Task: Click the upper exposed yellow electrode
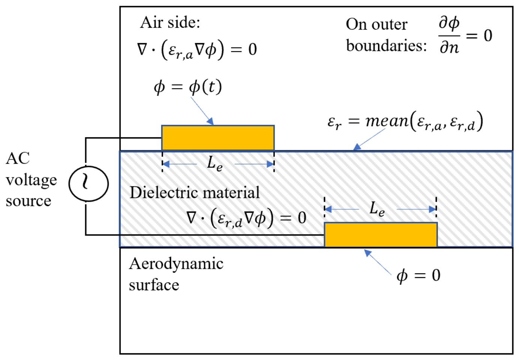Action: click(x=218, y=138)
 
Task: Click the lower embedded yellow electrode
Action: click(x=381, y=235)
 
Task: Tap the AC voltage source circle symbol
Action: click(x=88, y=184)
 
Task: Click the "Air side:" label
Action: click(x=170, y=23)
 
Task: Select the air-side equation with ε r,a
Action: click(x=197, y=49)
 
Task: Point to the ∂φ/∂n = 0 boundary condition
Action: click(x=465, y=35)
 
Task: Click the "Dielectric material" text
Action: click(x=195, y=192)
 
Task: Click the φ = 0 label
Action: click(x=418, y=276)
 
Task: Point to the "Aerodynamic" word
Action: click(x=176, y=264)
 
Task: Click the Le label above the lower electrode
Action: click(x=377, y=209)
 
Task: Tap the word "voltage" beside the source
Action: click(x=31, y=180)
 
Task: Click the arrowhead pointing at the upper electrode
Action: click(x=210, y=121)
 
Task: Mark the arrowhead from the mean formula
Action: click(x=357, y=147)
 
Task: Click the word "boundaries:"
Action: click(x=386, y=45)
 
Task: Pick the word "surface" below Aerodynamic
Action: click(x=154, y=285)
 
